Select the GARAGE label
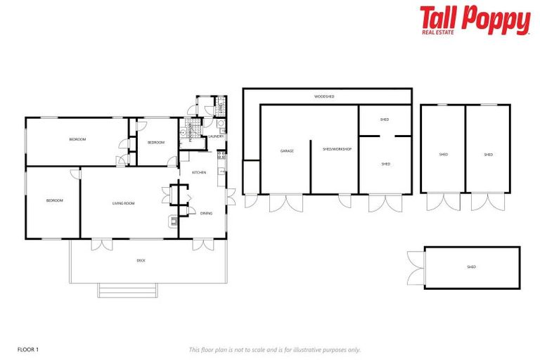coord(287,150)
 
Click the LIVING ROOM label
coord(123,203)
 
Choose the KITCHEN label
coord(199,172)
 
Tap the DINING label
coord(206,213)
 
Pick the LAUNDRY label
coord(216,136)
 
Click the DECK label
coord(141,260)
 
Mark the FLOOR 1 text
coord(27,349)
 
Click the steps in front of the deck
coord(127,290)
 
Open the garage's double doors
coord(285,202)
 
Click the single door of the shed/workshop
coord(345,201)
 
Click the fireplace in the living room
coord(173,221)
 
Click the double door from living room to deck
coord(101,245)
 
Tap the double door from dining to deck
coord(202,245)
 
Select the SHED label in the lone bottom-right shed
coord(471,267)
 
